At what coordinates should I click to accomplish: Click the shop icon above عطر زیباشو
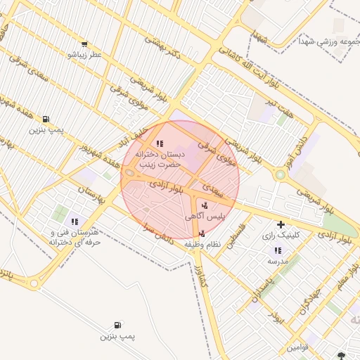click(85, 44)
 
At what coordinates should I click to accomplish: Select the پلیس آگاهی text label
click(205, 217)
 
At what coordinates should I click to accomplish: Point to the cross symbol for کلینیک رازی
click(281, 224)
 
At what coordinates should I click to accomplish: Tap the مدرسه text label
click(277, 261)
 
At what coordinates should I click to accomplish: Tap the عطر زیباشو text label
click(84, 54)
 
